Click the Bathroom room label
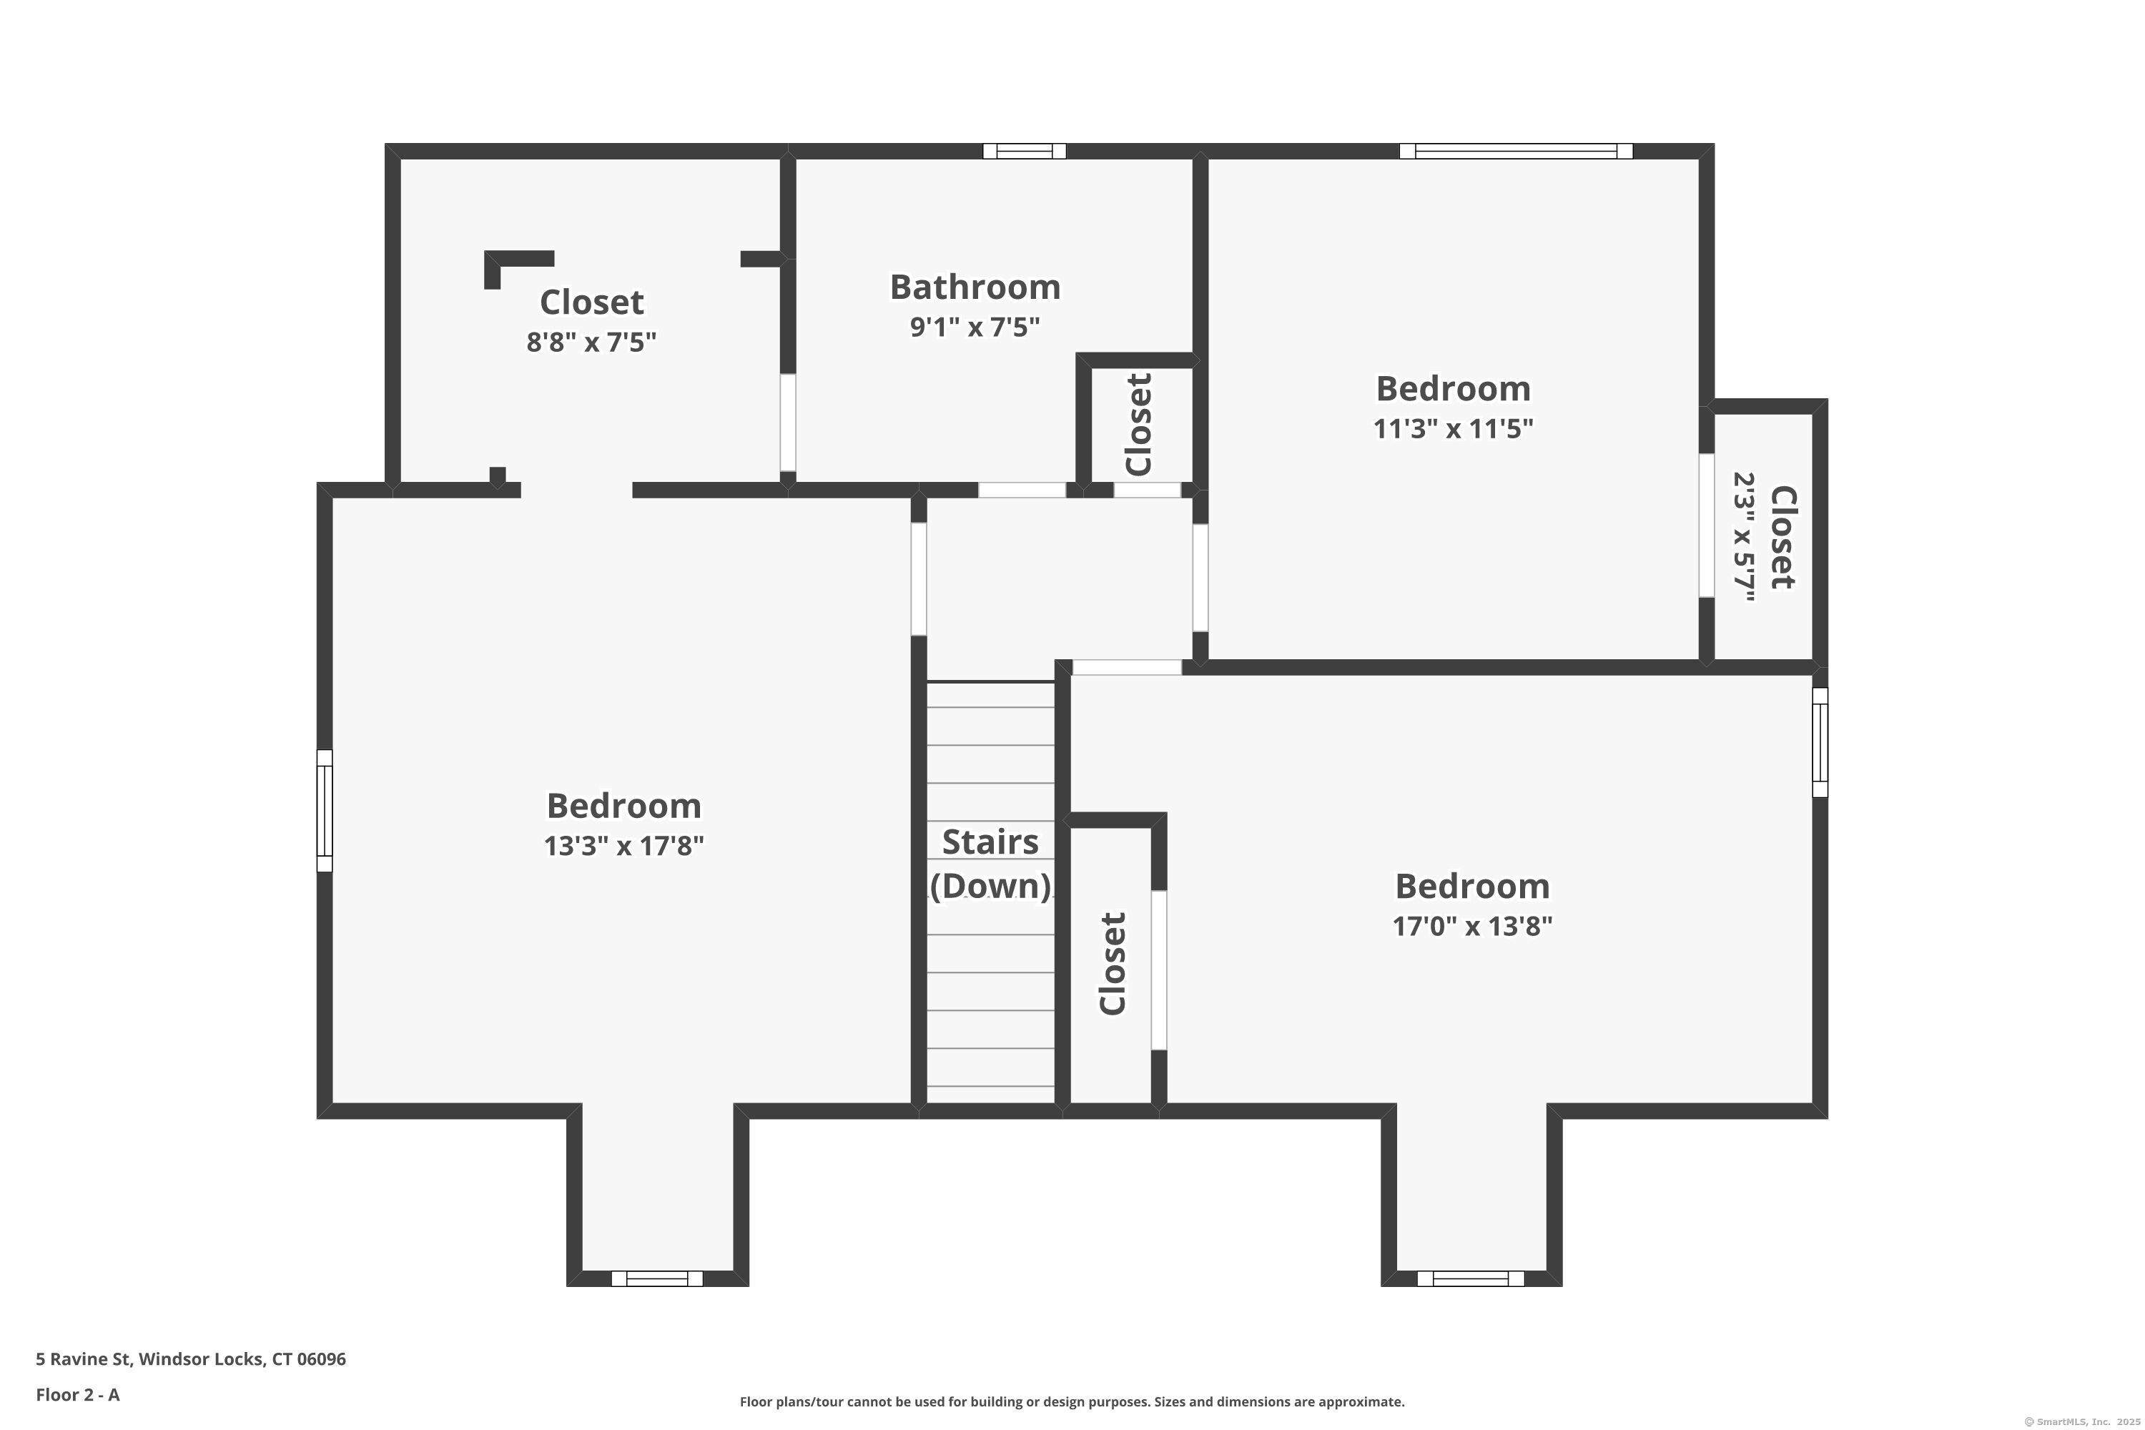(975, 287)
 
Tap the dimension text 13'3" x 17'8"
(623, 847)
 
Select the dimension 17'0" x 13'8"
(1472, 927)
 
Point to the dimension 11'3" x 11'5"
(1453, 428)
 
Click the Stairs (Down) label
(990, 864)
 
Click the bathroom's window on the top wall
(1024, 152)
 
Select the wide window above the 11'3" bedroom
(1516, 152)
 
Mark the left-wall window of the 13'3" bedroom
(325, 811)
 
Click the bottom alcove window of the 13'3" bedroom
(656, 1278)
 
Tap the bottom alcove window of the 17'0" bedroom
(1470, 1278)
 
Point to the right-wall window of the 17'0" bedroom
(1820, 742)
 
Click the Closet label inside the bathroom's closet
(1139, 425)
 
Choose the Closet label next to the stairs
(1113, 964)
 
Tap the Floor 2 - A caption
(77, 1394)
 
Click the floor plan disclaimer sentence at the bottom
(1072, 1401)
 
